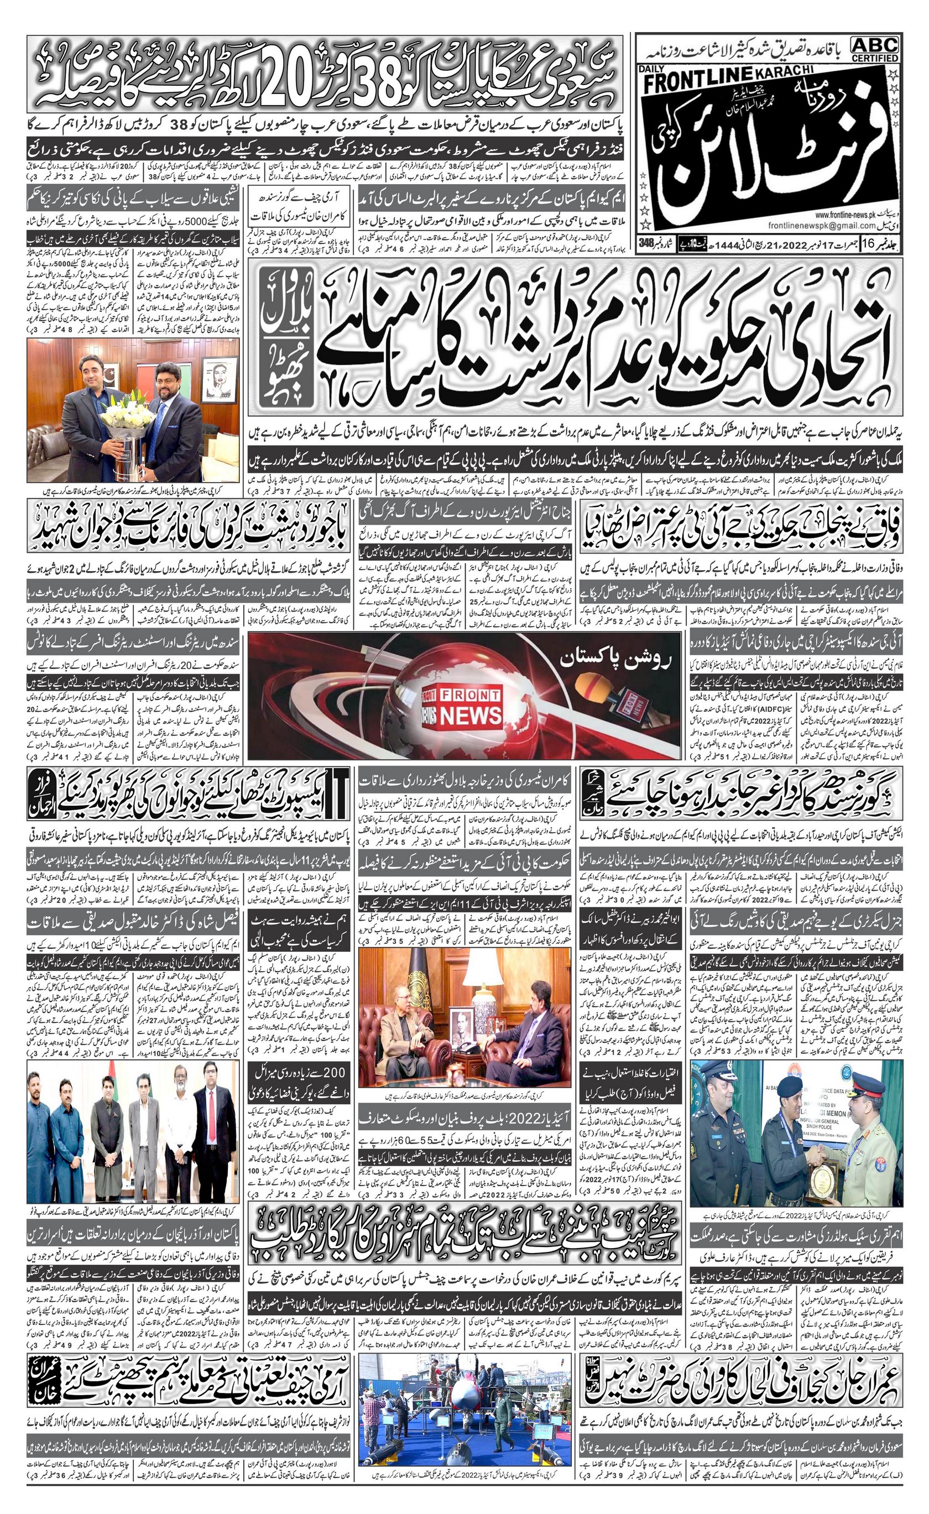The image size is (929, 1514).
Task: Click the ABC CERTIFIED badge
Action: pos(875,48)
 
